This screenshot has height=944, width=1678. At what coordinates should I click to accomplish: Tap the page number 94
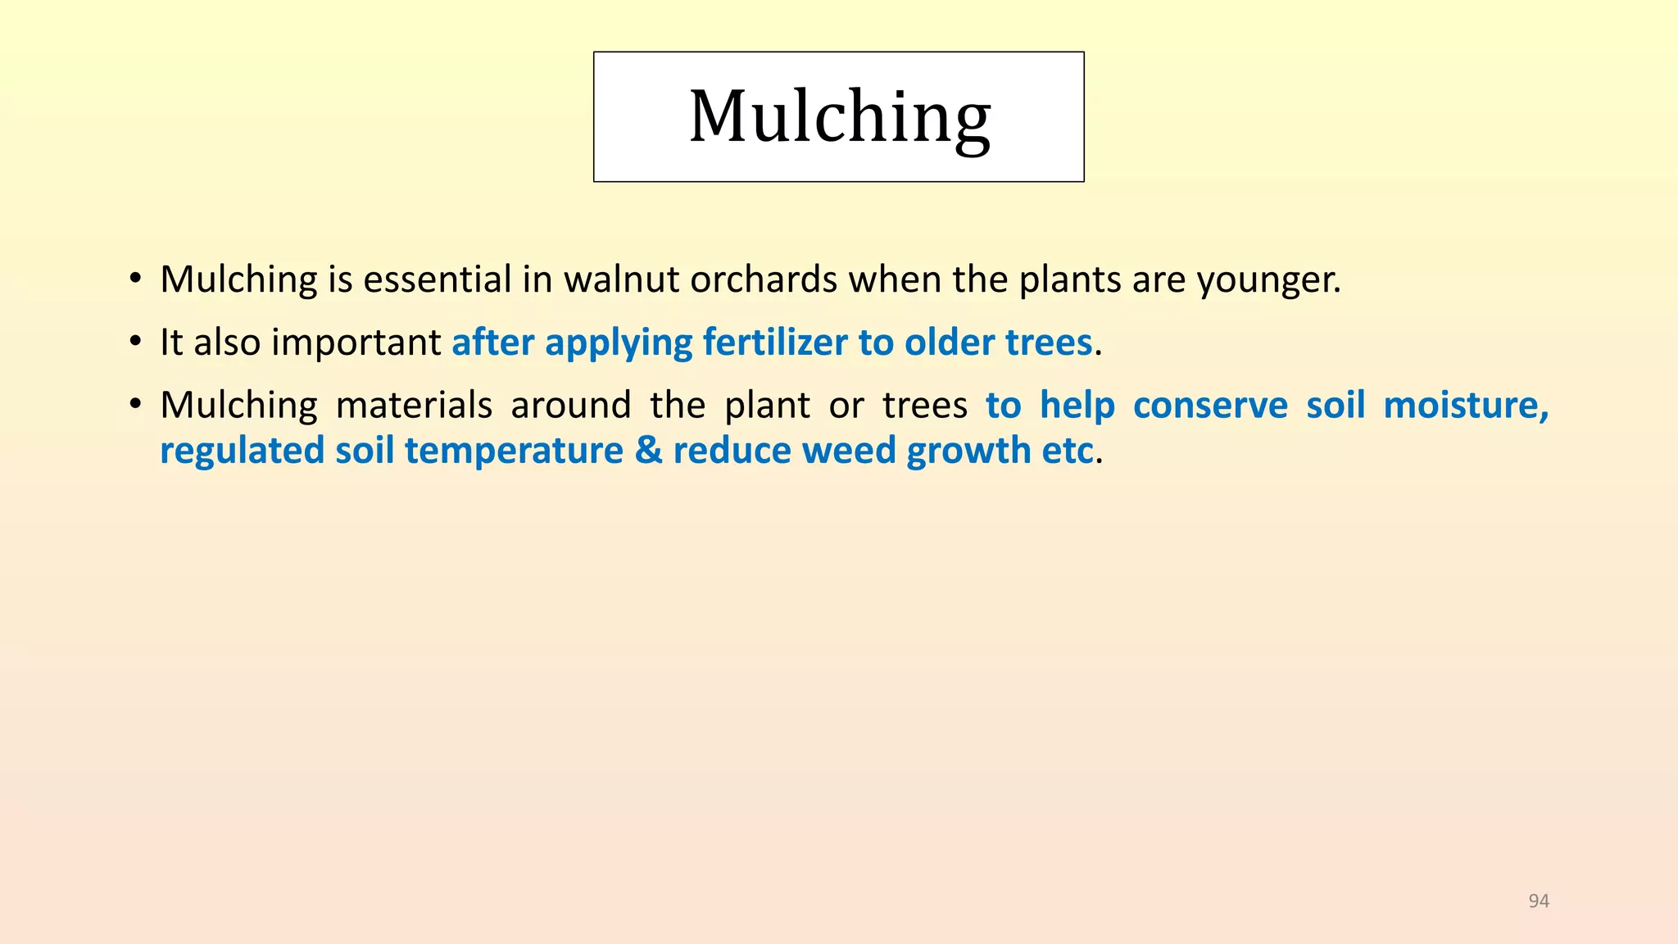[x=1539, y=901]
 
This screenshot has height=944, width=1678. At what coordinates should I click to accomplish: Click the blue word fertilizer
[x=775, y=342]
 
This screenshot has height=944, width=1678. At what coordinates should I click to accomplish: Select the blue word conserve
[x=1210, y=405]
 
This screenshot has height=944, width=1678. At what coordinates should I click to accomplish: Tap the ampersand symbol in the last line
[x=648, y=451]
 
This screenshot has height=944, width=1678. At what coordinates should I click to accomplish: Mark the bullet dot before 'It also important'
[x=135, y=343]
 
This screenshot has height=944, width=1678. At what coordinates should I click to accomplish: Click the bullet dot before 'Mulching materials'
[x=135, y=406]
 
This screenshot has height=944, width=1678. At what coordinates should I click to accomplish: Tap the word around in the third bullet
[x=571, y=405]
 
